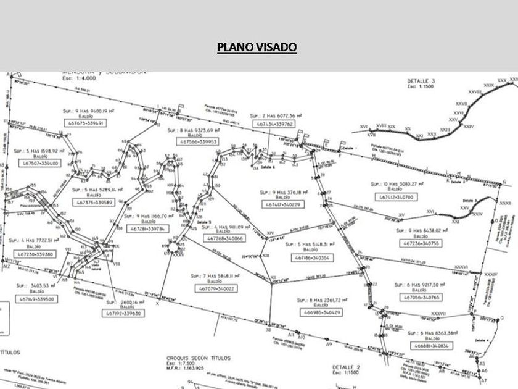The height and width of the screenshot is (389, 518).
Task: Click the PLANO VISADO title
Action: pyautogui.click(x=257, y=47)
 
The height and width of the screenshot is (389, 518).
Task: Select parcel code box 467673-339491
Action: pyautogui.click(x=86, y=123)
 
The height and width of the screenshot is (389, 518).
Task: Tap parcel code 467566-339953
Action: pyautogui.click(x=191, y=142)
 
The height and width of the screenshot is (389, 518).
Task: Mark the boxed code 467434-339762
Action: pyautogui.click(x=274, y=124)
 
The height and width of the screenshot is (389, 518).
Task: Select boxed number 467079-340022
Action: pyautogui.click(x=217, y=288)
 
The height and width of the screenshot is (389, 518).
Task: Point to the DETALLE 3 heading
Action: pyautogui.click(x=421, y=82)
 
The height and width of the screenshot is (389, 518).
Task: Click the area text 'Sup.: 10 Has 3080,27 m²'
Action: pyautogui.click(x=401, y=183)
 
